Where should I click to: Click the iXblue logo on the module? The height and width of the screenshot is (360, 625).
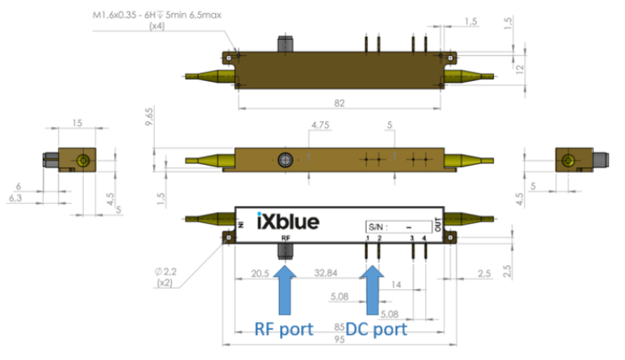[x=290, y=220]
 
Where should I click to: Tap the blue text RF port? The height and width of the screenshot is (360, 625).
[x=285, y=328]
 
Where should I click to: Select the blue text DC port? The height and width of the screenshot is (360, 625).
[x=377, y=328]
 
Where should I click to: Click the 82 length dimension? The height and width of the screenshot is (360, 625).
[x=339, y=103]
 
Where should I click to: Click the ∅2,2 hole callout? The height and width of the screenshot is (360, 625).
[x=167, y=272]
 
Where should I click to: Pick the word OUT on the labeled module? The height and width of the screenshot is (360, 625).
[x=439, y=227]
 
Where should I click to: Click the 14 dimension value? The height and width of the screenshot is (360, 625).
[x=397, y=285]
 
